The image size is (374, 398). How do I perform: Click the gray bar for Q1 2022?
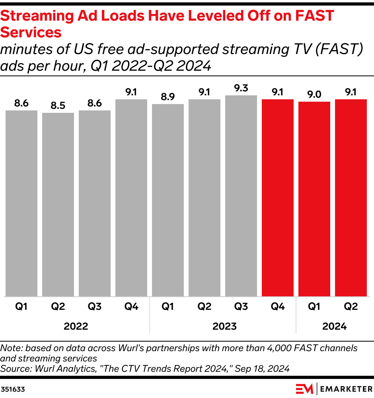(x=21, y=203)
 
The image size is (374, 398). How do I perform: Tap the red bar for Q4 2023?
(x=278, y=197)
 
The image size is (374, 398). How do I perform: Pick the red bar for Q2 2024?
(x=351, y=197)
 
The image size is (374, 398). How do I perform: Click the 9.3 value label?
(x=241, y=89)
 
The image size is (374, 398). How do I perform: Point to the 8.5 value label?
(x=58, y=106)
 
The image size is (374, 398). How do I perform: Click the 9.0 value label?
(x=314, y=95)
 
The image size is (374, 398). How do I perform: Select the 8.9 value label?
(x=168, y=97)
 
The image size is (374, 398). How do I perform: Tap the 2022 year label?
(x=76, y=327)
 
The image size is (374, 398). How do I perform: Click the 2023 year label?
(x=224, y=327)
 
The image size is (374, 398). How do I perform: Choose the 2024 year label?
(x=334, y=327)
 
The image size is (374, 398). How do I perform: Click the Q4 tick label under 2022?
(x=131, y=307)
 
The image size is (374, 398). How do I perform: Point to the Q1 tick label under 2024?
(x=314, y=307)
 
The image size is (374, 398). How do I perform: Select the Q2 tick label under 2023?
(x=205, y=307)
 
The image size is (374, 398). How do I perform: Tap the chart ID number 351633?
(x=13, y=390)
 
